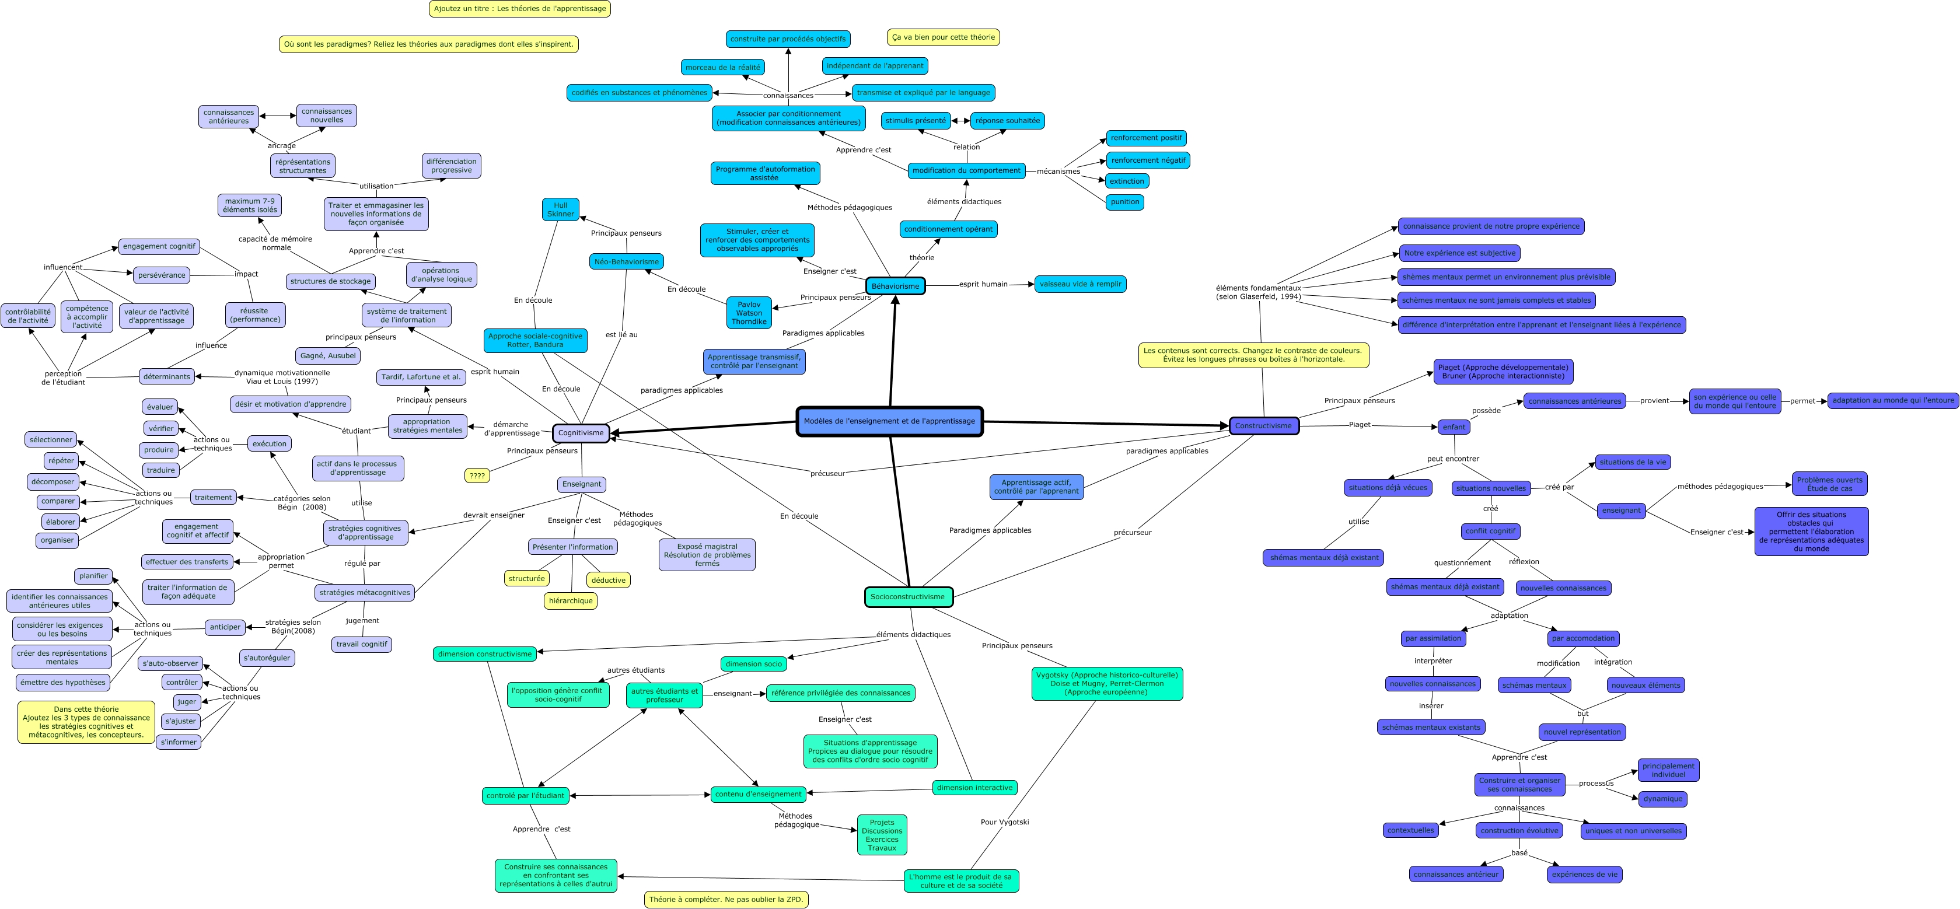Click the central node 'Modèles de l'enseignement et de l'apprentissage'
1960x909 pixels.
pyautogui.click(x=889, y=421)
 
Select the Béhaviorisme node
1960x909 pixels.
pyautogui.click(x=895, y=286)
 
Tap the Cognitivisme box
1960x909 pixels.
pyautogui.click(x=581, y=433)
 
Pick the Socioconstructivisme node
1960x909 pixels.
pyautogui.click(x=908, y=596)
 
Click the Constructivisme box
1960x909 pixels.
pyautogui.click(x=1263, y=426)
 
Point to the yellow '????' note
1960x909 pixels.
pyautogui.click(x=477, y=476)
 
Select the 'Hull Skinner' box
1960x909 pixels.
pyautogui.click(x=560, y=209)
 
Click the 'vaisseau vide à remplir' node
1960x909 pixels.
pyautogui.click(x=1079, y=284)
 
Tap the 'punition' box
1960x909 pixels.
pyautogui.click(x=1124, y=201)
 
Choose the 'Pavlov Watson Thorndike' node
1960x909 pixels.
pyautogui.click(x=749, y=313)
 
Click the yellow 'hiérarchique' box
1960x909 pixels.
pyautogui.click(x=571, y=601)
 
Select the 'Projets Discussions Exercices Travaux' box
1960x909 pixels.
pyautogui.click(x=882, y=834)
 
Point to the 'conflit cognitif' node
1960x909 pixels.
pyautogui.click(x=1490, y=531)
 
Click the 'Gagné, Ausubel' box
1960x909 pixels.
pyautogui.click(x=328, y=355)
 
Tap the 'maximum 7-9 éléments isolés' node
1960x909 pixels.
pyautogui.click(x=250, y=205)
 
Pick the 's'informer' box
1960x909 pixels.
pyautogui.click(x=179, y=742)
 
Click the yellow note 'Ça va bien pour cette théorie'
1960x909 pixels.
pyautogui.click(x=943, y=37)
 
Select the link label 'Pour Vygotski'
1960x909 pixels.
pyautogui.click(x=1004, y=821)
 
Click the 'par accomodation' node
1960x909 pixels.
pyautogui.click(x=1582, y=638)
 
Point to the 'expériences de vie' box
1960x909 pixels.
pyautogui.click(x=1584, y=874)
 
